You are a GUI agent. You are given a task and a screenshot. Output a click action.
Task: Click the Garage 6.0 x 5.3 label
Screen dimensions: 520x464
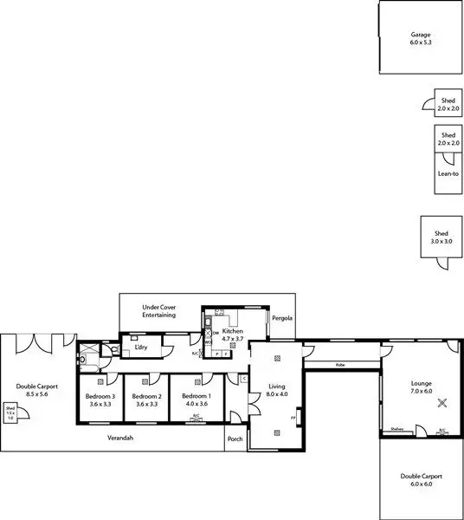[x=421, y=39]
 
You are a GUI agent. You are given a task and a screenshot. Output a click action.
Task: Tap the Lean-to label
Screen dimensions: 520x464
[x=448, y=174]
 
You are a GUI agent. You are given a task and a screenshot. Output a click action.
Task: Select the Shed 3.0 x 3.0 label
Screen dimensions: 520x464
[x=441, y=237]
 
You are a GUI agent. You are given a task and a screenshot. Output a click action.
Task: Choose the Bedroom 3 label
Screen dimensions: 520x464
[x=100, y=400]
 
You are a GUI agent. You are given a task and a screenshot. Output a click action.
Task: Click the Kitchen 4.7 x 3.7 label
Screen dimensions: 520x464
[x=232, y=335]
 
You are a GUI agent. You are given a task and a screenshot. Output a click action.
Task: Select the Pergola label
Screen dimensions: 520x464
[x=282, y=318]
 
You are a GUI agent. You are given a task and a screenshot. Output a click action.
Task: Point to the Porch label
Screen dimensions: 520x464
[x=235, y=439]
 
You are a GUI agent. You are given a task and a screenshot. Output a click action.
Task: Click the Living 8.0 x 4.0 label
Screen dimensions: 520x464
[x=277, y=391]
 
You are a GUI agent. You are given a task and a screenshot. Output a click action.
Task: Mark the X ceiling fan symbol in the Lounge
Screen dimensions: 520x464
[x=443, y=401]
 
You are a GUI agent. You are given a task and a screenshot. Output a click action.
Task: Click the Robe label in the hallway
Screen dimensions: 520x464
[x=341, y=365]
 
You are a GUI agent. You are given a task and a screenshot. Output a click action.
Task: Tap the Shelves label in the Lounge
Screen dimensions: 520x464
[x=397, y=428]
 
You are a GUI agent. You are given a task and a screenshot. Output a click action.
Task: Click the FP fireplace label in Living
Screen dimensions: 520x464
[x=293, y=419]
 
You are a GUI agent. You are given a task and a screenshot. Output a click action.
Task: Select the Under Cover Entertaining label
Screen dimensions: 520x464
[x=159, y=311]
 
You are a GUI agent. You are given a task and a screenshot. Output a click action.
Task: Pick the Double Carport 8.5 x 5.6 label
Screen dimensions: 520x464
[x=37, y=391]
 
